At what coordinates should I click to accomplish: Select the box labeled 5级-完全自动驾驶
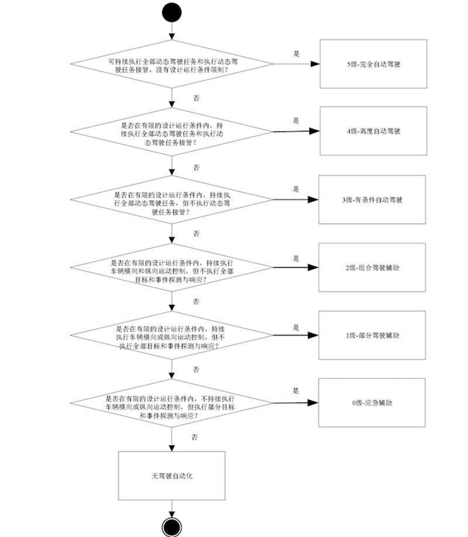[372, 64]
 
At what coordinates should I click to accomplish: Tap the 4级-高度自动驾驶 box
[372, 131]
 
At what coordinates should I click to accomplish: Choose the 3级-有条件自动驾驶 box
[372, 199]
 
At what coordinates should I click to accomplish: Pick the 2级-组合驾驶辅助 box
[372, 267]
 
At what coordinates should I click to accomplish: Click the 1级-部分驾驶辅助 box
[372, 334]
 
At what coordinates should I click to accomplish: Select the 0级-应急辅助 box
[372, 403]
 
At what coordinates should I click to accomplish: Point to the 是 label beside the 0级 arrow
[295, 390]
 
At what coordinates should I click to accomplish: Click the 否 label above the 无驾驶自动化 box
[195, 437]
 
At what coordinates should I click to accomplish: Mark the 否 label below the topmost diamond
[195, 97]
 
